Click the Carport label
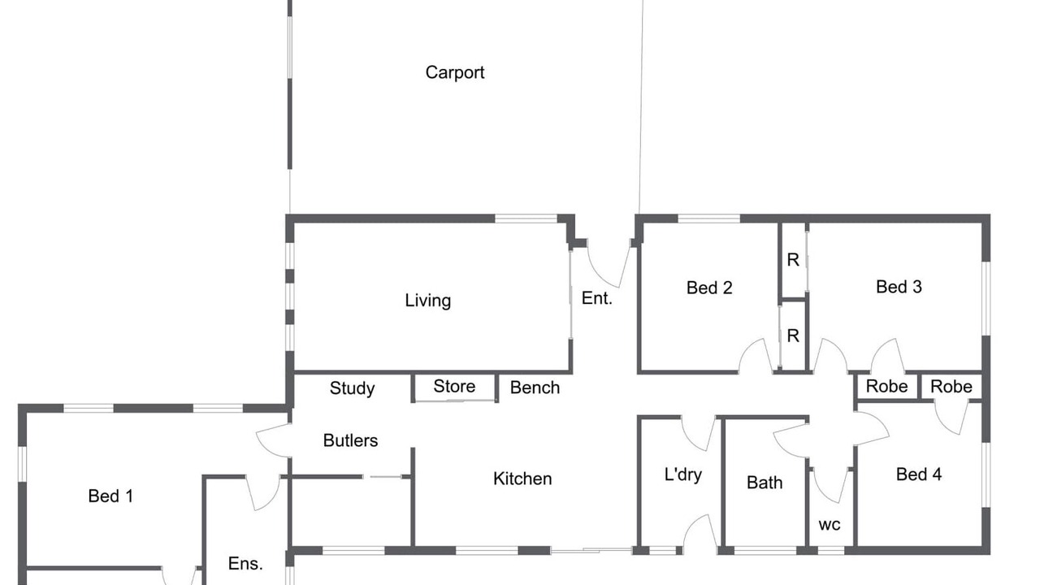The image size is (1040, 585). coord(454,73)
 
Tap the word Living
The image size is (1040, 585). coord(427,301)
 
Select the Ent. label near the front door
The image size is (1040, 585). coord(596,298)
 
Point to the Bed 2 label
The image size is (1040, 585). coord(709,288)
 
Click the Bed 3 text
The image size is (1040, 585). coord(899,287)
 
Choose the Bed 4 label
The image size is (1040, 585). coord(918,474)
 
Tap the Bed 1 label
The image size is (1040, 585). coord(110,496)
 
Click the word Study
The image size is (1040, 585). coord(352,388)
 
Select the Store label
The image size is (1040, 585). coord(454,386)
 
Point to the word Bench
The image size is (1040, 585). coord(535,388)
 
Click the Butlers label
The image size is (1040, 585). coord(350,440)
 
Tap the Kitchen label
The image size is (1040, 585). coord(522,479)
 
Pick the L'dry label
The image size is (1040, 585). coord(683,474)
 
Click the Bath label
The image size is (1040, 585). coord(765,483)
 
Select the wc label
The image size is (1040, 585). coord(830,525)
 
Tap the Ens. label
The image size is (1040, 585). coord(245,564)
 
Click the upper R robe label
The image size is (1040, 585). coord(793,260)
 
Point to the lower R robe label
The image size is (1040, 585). coord(793,336)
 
